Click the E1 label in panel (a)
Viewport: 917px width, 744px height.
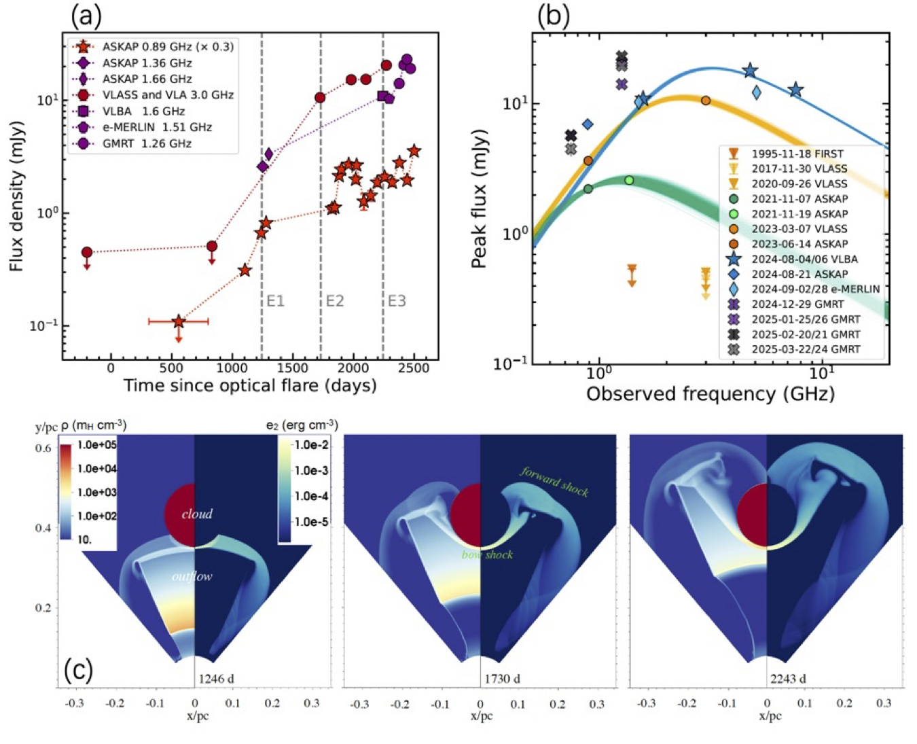[x=275, y=301]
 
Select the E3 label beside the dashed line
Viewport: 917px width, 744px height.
[x=397, y=301]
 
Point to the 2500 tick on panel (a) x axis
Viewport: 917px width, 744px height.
[x=413, y=368]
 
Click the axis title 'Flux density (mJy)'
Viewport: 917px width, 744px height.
[x=17, y=196]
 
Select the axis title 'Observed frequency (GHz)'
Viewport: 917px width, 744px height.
[x=710, y=394]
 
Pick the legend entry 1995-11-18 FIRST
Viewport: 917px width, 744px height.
[x=797, y=154]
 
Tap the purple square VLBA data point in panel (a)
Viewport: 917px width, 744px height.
[x=382, y=96]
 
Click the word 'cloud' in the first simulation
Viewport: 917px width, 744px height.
[x=197, y=514]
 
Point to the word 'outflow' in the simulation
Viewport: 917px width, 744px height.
[x=192, y=576]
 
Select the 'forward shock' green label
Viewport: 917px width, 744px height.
[x=554, y=481]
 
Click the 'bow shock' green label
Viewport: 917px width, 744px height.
[x=487, y=554]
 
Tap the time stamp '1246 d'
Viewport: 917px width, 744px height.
[x=217, y=678]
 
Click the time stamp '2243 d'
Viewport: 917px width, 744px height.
[x=789, y=678]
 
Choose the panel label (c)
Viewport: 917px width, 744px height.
[x=78, y=669]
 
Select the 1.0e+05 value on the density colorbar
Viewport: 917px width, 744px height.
[x=98, y=445]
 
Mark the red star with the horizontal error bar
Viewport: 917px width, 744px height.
[x=178, y=321]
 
